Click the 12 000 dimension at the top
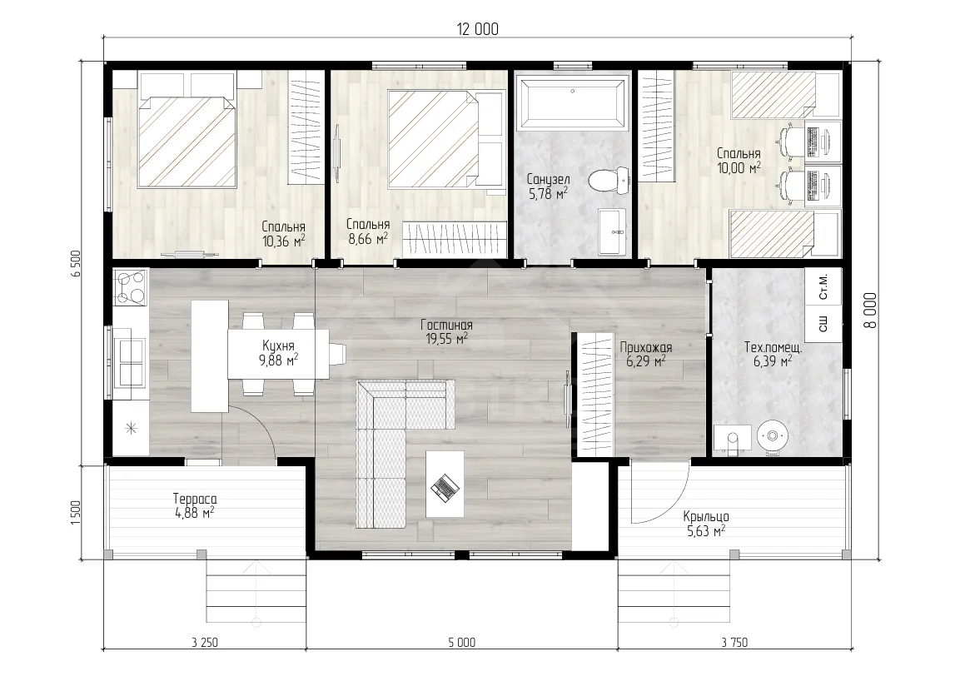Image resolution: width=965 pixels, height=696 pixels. click(478, 29)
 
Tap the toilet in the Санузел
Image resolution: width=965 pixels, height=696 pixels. click(609, 181)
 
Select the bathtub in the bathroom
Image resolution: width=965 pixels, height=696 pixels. click(572, 102)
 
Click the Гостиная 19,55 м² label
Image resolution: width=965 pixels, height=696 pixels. click(447, 331)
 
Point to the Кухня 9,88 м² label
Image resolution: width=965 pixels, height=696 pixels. click(278, 353)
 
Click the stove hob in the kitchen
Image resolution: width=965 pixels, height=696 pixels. click(131, 287)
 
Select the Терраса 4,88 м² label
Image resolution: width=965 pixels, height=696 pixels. click(195, 506)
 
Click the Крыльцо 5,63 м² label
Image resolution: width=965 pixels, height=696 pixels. click(706, 524)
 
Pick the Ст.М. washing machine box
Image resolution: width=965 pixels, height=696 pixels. click(823, 286)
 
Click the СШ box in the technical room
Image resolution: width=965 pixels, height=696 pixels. click(823, 324)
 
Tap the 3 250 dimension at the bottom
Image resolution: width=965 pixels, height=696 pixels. click(204, 643)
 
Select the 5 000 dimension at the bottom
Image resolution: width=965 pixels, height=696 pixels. click(461, 643)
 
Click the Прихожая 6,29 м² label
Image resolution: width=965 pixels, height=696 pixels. click(645, 355)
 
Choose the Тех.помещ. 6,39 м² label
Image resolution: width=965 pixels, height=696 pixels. click(773, 355)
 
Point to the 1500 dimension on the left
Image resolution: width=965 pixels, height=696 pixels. click(76, 512)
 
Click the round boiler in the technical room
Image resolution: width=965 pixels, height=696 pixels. click(771, 436)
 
